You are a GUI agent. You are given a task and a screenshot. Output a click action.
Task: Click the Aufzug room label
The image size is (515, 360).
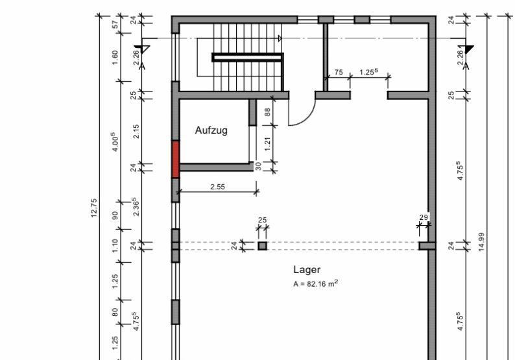pyautogui.click(x=211, y=130)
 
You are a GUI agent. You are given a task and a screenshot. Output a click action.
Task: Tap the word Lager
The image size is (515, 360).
pyautogui.click(x=307, y=270)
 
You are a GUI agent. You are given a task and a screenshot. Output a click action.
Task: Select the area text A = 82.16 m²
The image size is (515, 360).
pyautogui.click(x=316, y=283)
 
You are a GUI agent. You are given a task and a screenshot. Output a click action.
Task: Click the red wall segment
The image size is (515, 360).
pyautogui.click(x=176, y=160)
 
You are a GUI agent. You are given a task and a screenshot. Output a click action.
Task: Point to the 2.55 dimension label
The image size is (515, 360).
pyautogui.click(x=218, y=187)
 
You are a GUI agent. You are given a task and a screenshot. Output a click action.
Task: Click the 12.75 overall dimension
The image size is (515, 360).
pyautogui.click(x=94, y=208)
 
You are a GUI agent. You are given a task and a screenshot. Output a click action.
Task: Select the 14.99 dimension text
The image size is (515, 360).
pyautogui.click(x=481, y=242)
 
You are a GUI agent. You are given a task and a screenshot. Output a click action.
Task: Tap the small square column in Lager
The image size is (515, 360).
pyautogui.click(x=262, y=246)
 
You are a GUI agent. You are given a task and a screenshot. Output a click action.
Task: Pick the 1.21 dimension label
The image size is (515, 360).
pyautogui.click(x=268, y=144)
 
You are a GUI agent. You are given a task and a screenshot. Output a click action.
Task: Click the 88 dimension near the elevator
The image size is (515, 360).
pyautogui.click(x=268, y=112)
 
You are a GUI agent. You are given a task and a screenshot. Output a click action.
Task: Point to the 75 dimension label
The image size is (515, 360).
pyautogui.click(x=339, y=72)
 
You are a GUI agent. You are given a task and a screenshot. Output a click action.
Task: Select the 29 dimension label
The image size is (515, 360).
pyautogui.click(x=424, y=217)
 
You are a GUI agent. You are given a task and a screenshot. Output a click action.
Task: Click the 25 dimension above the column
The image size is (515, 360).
pyautogui.click(x=263, y=220)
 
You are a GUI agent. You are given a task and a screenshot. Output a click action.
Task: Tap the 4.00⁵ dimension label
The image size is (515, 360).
pyautogui.click(x=115, y=142)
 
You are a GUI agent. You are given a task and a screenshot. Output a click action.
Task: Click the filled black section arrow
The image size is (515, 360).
pyautogui.click(x=469, y=49)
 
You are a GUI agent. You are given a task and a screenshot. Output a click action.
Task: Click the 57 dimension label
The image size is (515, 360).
pyautogui.click(x=115, y=25)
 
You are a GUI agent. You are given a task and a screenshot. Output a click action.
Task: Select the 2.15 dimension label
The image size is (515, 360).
pyautogui.click(x=136, y=131)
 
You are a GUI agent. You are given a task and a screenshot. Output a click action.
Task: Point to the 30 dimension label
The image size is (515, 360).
pyautogui.click(x=259, y=166)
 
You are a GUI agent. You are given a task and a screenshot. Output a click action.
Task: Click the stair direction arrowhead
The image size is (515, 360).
pyautogui.click(x=280, y=38)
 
